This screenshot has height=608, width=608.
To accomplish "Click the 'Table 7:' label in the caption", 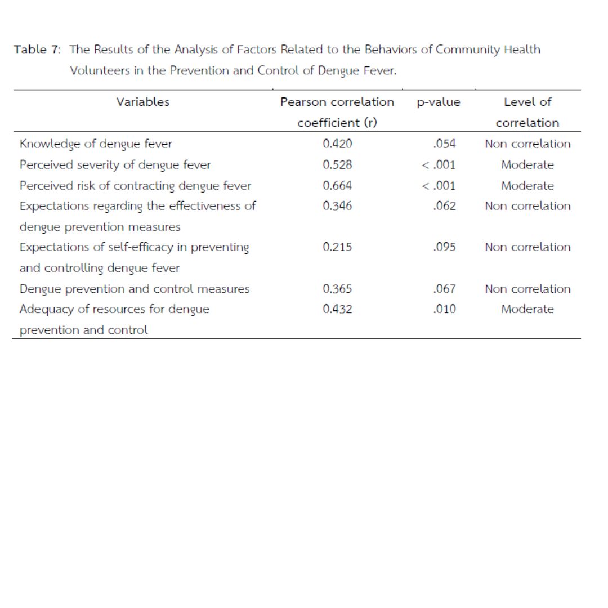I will (37, 50).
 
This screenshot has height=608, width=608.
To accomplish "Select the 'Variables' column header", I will (143, 102).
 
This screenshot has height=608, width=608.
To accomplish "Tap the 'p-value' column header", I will (439, 102).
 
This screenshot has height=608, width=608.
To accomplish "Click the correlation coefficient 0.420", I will (337, 144).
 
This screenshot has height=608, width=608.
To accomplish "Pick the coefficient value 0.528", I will (337, 165).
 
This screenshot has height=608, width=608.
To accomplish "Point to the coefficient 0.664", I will (337, 185).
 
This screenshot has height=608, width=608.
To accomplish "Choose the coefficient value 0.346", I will (337, 206).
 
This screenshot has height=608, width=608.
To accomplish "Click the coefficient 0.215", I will (337, 247).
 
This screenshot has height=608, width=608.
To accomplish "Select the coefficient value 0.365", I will (337, 289).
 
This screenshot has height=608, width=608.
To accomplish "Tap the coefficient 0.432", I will (337, 309).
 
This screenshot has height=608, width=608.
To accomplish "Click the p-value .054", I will (445, 144).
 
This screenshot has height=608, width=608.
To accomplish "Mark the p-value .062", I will (445, 206).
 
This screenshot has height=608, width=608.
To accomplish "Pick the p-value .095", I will (445, 247).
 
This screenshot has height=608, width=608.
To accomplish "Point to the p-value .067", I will (445, 289).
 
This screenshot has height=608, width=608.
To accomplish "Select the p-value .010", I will (445, 309).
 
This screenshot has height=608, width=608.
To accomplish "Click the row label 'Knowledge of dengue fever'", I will (96, 144).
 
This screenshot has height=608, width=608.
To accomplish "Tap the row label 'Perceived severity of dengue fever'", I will (115, 165).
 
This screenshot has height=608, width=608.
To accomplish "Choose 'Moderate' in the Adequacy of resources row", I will (527, 309).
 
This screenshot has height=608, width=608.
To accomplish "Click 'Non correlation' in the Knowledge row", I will (527, 144).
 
